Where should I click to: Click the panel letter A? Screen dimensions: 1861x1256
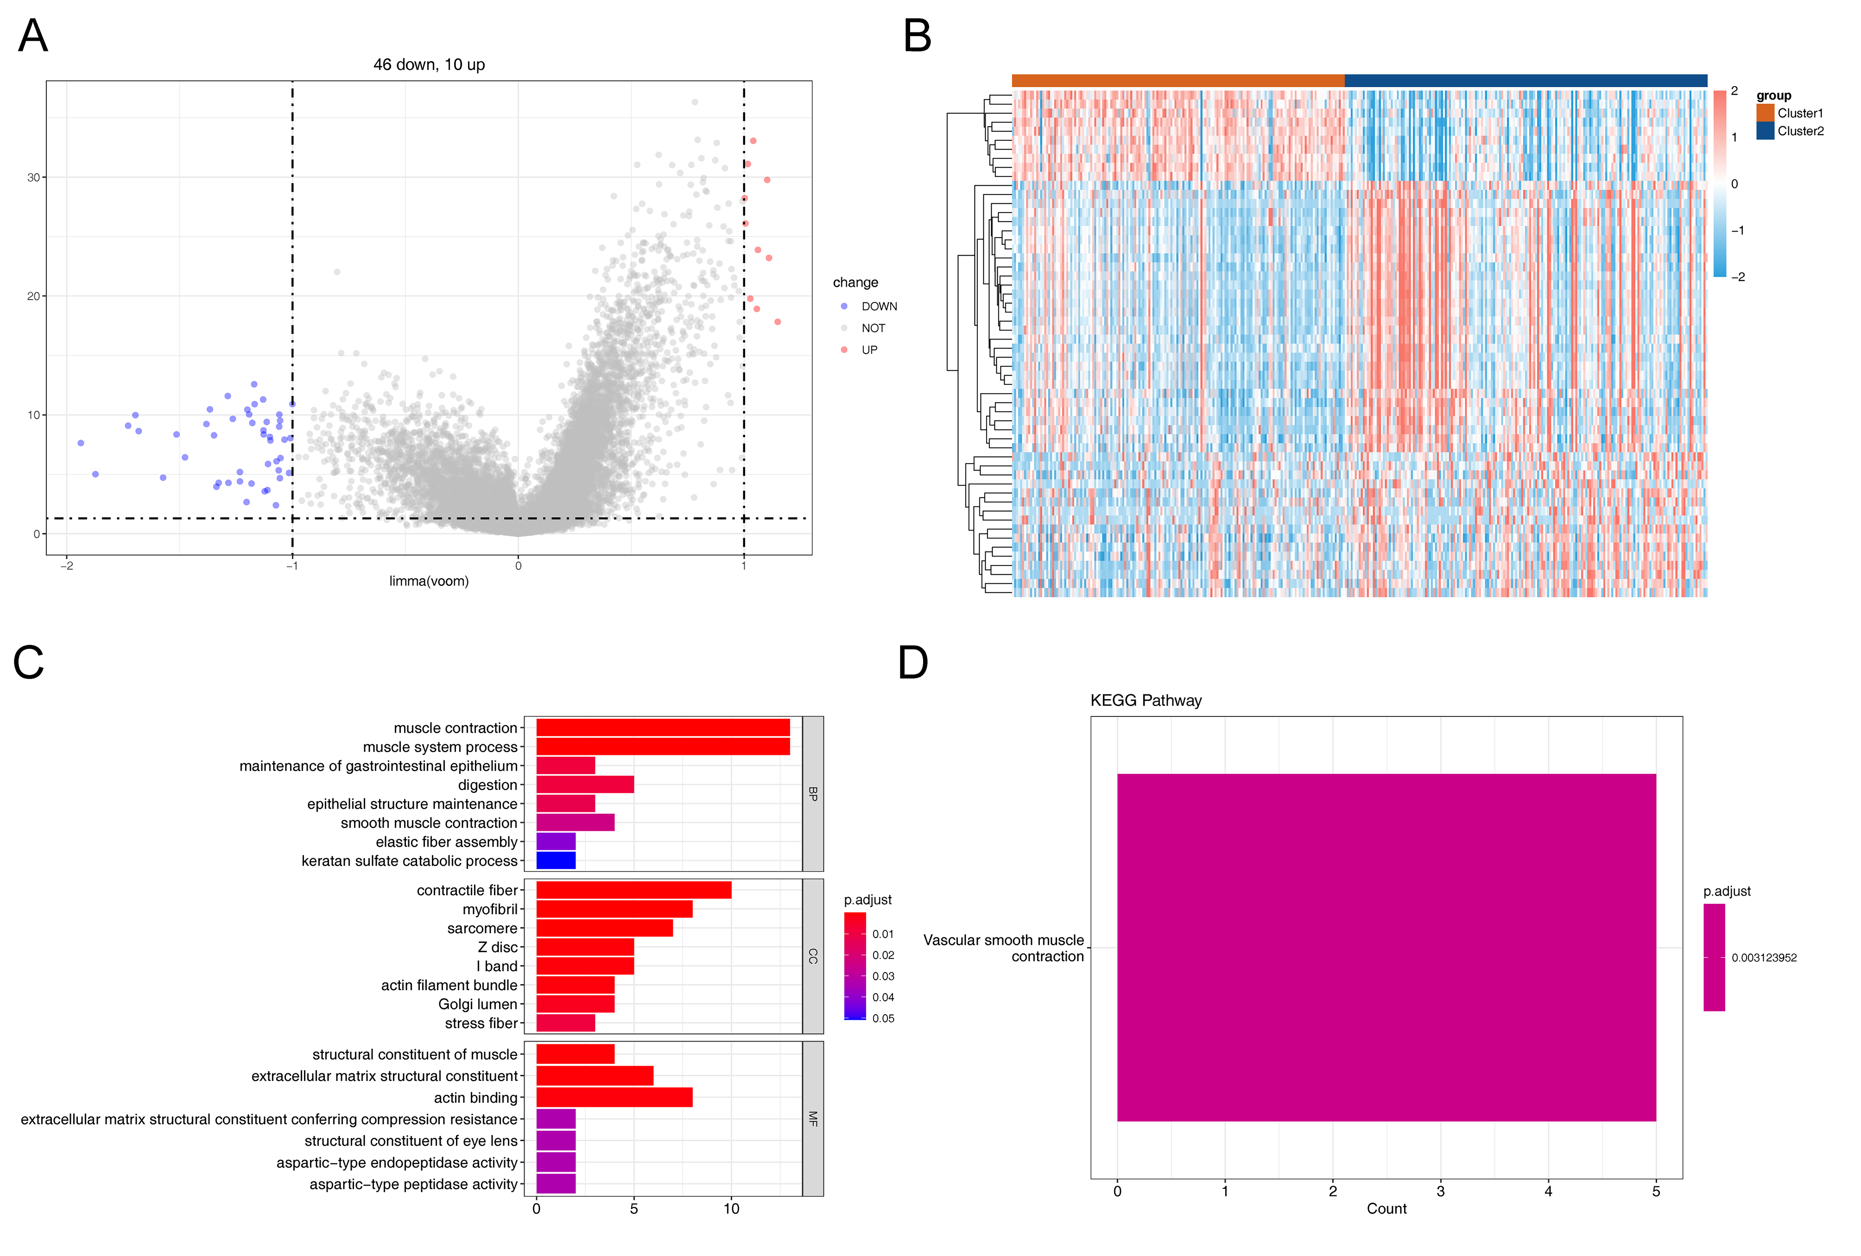(x=33, y=36)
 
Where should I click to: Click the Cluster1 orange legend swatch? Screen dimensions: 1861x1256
(x=1765, y=113)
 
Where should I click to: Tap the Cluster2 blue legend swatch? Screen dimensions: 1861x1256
(x=1765, y=130)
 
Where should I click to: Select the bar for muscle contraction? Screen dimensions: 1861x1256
(x=663, y=728)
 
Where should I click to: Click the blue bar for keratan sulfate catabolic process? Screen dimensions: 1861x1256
(x=556, y=860)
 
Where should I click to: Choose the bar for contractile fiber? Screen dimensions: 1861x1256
(x=633, y=890)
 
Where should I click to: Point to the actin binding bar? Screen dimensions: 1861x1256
(x=614, y=1098)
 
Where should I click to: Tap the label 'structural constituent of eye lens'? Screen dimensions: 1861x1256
(x=411, y=1141)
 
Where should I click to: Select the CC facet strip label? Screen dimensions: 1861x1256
(x=813, y=956)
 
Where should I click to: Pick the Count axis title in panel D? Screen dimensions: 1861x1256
(x=1386, y=1209)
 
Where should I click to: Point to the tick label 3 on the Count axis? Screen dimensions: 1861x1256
(x=1441, y=1191)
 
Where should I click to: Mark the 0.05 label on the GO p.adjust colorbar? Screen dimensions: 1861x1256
(x=883, y=1018)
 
